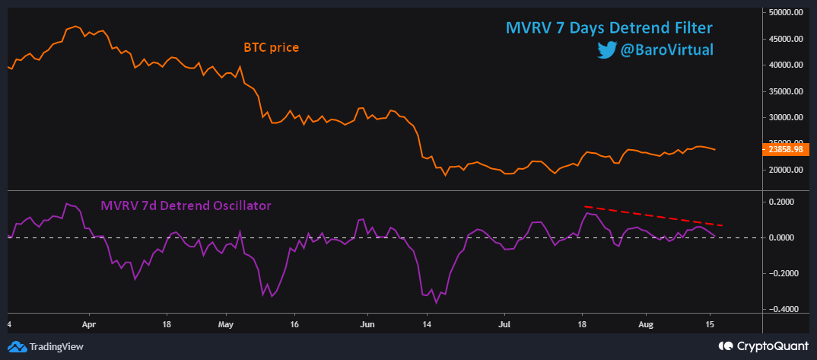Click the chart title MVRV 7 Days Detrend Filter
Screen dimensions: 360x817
609,28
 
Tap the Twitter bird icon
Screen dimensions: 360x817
606,50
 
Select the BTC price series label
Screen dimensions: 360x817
271,47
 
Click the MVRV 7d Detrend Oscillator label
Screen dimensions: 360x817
186,205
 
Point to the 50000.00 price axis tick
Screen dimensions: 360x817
786,12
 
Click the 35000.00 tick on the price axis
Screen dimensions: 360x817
786,91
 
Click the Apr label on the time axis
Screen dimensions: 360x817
89,323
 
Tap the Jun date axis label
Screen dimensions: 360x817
367,323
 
